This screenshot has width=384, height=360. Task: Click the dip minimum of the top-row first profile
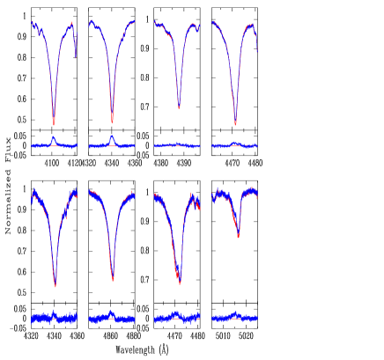[x=54, y=123]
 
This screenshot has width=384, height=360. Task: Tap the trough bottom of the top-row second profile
[x=112, y=121]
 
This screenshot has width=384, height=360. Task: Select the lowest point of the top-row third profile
[x=179, y=107]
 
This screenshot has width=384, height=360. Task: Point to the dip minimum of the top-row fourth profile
[x=235, y=123]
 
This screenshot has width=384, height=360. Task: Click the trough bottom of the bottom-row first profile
[x=55, y=286]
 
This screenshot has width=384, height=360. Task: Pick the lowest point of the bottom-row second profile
[x=113, y=280]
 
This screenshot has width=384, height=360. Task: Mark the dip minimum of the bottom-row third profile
[x=179, y=283]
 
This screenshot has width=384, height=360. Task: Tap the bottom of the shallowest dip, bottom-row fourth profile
[x=238, y=237]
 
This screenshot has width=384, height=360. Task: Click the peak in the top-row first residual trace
[x=54, y=137]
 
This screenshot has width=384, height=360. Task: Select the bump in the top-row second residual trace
[x=112, y=137]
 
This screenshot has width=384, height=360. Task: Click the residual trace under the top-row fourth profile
[x=234, y=144]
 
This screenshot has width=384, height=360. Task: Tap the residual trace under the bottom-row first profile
[x=54, y=317]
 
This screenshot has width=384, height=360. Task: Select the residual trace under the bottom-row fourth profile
[x=234, y=316]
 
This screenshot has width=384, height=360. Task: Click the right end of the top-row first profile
[x=76, y=58]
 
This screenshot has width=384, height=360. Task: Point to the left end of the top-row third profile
[x=154, y=22]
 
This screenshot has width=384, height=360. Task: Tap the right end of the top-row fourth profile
[x=257, y=51]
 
